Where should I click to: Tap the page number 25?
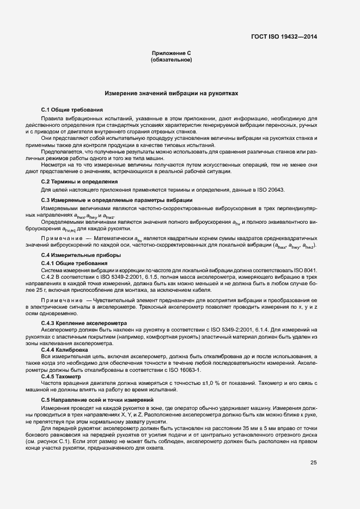click(x=313, y=463)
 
